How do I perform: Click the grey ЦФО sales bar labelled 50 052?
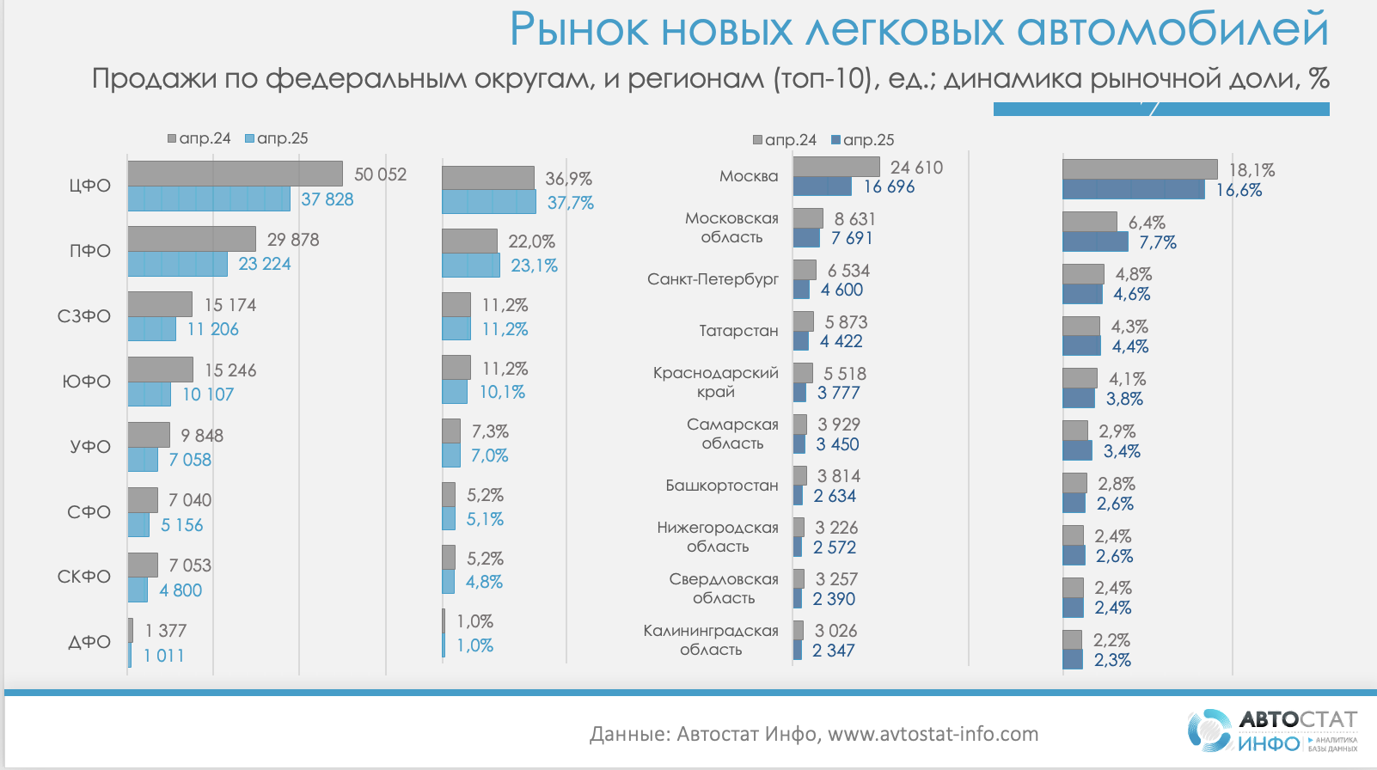pos(235,174)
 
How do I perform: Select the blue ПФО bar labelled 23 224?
pos(178,264)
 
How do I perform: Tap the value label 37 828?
pos(327,199)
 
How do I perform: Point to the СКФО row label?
pos(84,577)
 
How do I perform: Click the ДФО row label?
pos(89,642)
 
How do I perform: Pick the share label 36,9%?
pos(569,179)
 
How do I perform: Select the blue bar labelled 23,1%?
pos(471,266)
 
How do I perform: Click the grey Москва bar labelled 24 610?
pos(836,167)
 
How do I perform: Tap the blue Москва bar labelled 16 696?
pos(822,186)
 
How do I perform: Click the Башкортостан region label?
pos(722,486)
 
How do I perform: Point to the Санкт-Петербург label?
pos(713,279)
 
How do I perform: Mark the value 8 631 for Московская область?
pos(854,219)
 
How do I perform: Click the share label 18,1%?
pos(1252,170)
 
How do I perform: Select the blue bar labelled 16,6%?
pos(1133,190)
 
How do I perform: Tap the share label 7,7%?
pos(1158,242)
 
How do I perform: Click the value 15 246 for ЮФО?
pos(230,370)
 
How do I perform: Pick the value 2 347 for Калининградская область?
pos(834,651)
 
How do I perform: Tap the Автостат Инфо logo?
pos(1273,730)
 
